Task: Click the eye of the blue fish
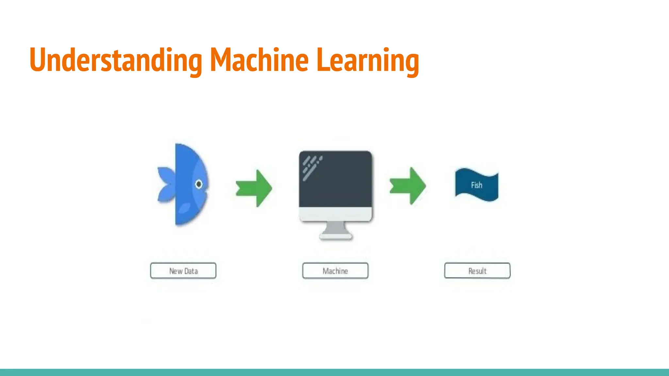click(199, 184)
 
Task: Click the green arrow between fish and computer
click(254, 188)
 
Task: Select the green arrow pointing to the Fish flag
click(408, 186)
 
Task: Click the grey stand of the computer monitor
click(335, 230)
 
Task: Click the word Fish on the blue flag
click(477, 185)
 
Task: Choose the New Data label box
click(183, 271)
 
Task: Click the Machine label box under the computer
click(335, 271)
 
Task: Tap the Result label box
click(477, 271)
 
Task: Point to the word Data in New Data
click(191, 271)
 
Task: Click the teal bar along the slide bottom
click(334, 372)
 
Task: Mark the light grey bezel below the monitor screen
click(335, 214)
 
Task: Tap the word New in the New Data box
click(176, 271)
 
